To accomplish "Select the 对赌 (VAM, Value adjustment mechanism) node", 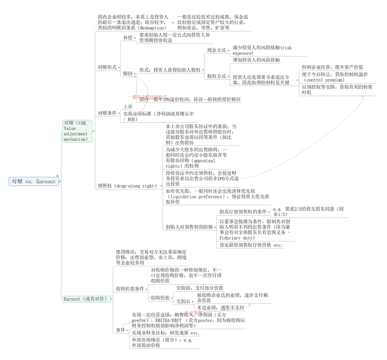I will click(77, 131).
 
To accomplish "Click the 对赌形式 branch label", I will click(107, 67).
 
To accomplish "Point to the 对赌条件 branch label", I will click(107, 113).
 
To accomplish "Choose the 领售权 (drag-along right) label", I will click(127, 185).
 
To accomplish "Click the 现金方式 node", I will click(216, 50).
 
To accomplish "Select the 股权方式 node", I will click(216, 76).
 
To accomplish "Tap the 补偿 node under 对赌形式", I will click(128, 38).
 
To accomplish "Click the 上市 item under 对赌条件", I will click(128, 107).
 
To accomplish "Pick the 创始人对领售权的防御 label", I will click(188, 227).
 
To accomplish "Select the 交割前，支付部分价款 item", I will click(199, 288).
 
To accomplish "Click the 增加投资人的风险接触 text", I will click(256, 60).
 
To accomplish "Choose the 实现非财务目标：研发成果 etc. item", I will click(165, 333).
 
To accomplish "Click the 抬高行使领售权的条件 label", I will click(243, 212).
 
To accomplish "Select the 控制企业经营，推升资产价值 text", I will click(332, 67).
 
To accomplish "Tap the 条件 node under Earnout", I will click(120, 330).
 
